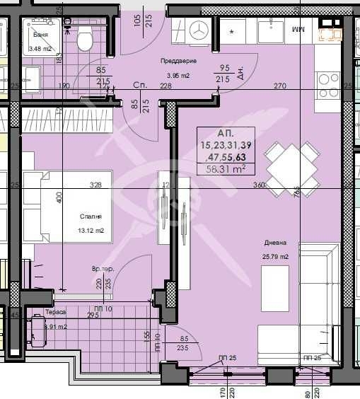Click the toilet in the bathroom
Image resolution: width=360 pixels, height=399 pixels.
click(x=85, y=41)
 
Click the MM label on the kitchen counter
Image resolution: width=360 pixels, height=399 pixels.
click(x=297, y=30)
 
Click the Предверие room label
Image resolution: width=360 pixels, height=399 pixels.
click(x=178, y=62)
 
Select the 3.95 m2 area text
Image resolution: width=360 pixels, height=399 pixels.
click(x=179, y=76)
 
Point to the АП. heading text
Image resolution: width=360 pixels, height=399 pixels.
click(x=225, y=133)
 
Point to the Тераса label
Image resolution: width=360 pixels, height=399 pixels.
click(x=56, y=312)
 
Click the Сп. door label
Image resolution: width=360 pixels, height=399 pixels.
click(x=139, y=85)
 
